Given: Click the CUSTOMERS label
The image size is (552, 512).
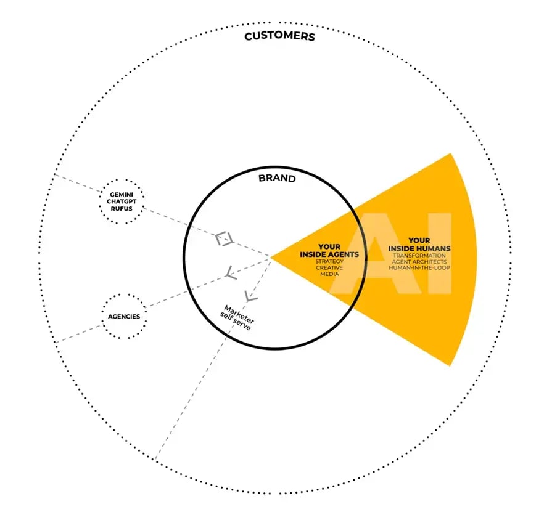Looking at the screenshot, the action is tap(279, 36).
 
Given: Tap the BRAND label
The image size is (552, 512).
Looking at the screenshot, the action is tap(277, 178).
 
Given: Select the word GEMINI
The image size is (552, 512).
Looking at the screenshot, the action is tap(122, 195).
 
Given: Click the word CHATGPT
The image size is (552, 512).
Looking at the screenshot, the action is tap(122, 201).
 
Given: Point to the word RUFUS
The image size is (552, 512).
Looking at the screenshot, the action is tap(122, 208).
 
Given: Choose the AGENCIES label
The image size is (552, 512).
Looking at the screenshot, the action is tap(124, 317).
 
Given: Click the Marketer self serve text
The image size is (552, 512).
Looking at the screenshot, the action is tap(237, 318).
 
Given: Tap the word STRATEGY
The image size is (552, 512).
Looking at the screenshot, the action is tap(329, 262).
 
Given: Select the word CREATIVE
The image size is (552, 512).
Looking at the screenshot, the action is tap(329, 268).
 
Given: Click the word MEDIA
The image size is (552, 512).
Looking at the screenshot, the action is tap(329, 274).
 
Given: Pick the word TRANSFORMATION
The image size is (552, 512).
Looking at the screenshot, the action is tap(419, 256).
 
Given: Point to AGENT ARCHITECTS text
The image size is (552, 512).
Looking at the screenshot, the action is tap(419, 262).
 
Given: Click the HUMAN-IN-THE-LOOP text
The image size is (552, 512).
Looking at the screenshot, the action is tap(419, 267).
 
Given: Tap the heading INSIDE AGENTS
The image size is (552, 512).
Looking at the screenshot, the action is tap(329, 254).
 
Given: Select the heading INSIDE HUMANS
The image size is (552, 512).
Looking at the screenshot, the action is tap(419, 248).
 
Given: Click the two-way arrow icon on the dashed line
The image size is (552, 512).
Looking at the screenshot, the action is tap(225, 239).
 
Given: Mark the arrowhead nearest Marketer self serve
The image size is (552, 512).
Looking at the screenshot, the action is tap(250, 296).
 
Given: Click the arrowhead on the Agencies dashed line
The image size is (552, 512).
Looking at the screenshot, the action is tap(231, 273).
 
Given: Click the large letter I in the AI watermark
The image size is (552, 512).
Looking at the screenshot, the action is tap(442, 253).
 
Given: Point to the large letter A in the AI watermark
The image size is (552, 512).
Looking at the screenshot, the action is tap(375, 253).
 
